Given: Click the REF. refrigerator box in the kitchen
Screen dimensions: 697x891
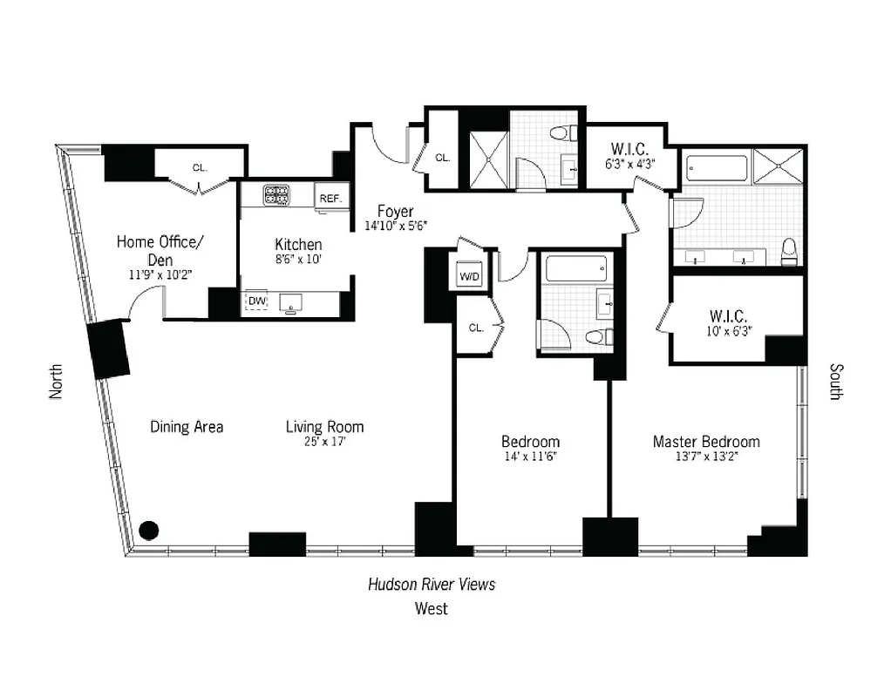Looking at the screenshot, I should coord(330,198).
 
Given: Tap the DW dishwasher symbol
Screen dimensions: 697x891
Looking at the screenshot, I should coord(256,301).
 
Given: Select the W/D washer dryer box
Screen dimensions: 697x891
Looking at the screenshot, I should coord(469,275).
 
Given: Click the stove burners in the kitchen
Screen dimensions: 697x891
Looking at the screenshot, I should coord(277,195).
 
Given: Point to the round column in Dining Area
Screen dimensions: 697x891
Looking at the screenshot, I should coord(149,529).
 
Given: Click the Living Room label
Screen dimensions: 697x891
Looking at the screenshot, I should coord(324,427).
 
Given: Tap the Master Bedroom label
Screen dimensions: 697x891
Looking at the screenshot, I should coord(706,442).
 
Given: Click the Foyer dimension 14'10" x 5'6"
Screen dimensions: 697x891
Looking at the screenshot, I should coord(395,227).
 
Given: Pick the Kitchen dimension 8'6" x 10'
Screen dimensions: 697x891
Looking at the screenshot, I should coord(298,260).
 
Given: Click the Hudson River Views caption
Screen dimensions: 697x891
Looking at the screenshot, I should coord(431,584).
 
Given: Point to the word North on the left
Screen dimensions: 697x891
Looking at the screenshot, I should coord(57,381).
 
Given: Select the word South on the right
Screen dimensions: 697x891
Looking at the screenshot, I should coord(835,381).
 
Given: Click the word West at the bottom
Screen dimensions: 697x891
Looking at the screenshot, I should coord(431,608).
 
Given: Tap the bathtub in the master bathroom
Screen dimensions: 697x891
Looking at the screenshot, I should coord(717,167).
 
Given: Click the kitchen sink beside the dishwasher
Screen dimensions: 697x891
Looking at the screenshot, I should coord(291,302).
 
